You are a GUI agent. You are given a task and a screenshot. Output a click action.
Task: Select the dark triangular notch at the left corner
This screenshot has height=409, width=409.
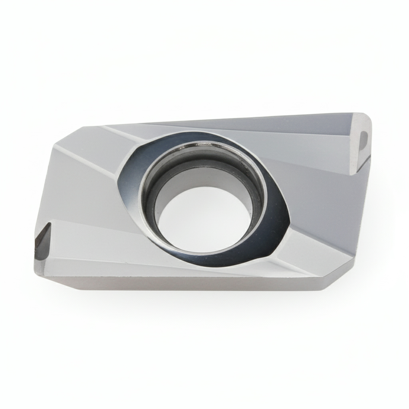(43, 240)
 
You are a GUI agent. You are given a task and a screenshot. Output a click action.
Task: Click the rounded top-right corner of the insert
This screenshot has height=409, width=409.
(366, 118)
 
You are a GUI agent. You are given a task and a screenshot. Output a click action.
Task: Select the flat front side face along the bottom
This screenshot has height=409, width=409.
(180, 282)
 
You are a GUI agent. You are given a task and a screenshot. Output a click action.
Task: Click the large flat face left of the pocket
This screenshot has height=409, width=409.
(80, 192)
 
